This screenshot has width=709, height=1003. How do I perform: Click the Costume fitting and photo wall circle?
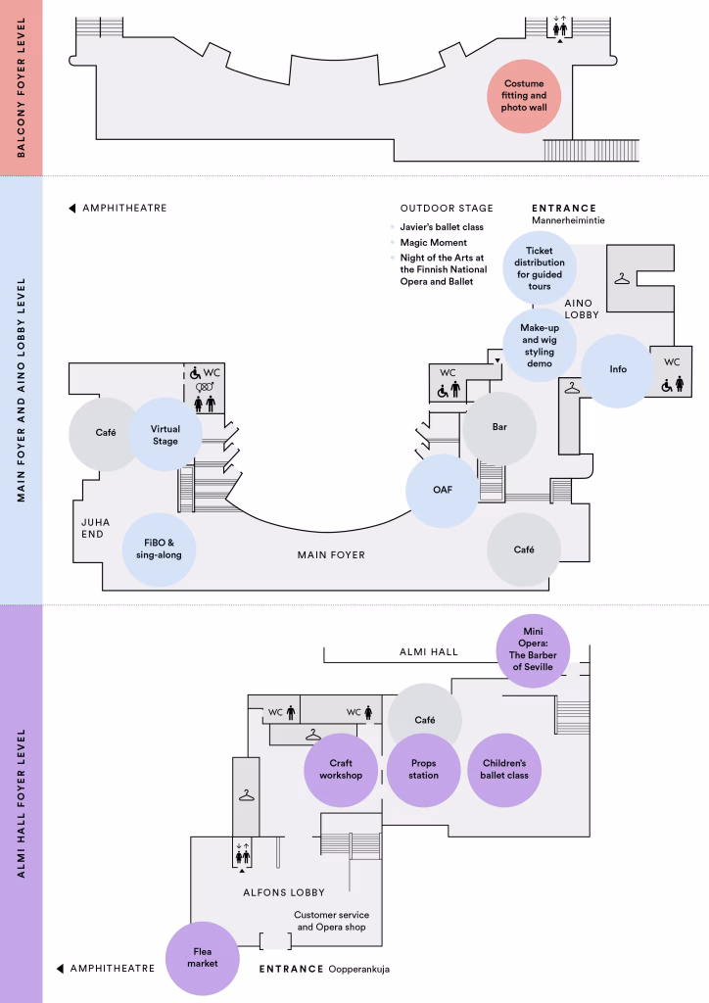point(524,96)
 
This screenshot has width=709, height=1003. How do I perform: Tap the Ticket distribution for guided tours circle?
point(540,268)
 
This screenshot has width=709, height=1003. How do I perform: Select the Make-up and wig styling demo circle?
point(540,346)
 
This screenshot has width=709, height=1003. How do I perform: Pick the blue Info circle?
point(618,369)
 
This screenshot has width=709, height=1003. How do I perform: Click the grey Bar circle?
point(499,427)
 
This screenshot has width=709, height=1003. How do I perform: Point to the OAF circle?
point(443,490)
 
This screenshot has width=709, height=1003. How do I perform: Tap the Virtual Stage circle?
point(165,434)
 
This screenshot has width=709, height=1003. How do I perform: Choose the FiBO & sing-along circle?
point(159,549)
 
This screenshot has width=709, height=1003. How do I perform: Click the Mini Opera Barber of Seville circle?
point(533,650)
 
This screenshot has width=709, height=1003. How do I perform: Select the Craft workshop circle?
point(341,770)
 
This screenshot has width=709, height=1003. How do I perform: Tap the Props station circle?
point(423,770)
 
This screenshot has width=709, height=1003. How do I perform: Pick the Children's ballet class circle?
point(504,770)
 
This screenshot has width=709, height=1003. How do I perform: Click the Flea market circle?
point(202,958)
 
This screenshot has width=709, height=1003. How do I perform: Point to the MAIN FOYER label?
point(331,555)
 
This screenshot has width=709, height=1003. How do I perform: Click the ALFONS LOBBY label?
point(284,892)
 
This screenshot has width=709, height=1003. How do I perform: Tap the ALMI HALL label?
point(428,651)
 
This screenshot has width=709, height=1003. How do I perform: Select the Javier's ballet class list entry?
point(442,227)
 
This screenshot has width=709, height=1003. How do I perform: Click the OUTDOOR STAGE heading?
point(447,208)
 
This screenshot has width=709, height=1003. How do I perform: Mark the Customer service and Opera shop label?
point(331,921)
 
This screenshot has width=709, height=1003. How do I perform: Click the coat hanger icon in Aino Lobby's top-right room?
point(622,279)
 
